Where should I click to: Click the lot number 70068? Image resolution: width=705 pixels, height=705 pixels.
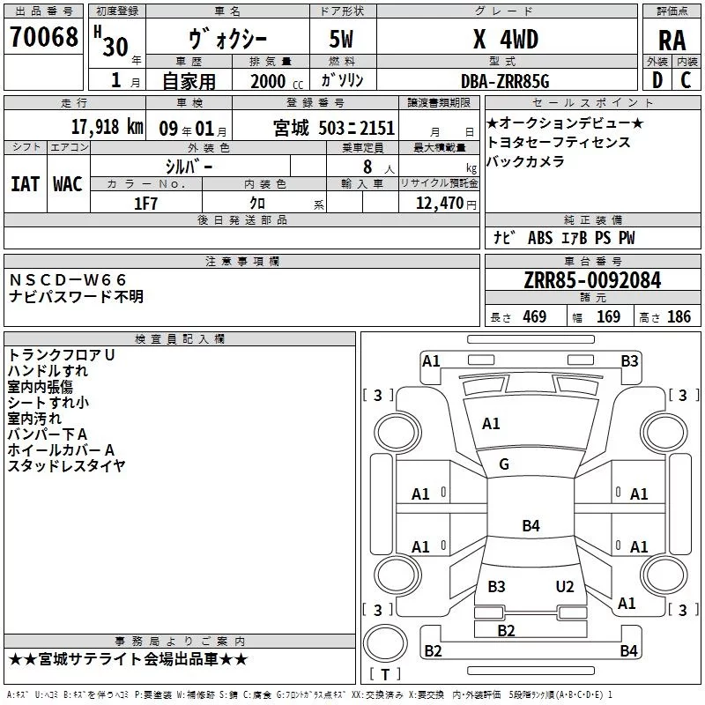click(43, 38)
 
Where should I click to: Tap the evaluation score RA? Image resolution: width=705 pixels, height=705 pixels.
click(672, 41)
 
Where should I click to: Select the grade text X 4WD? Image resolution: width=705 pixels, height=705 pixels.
click(505, 40)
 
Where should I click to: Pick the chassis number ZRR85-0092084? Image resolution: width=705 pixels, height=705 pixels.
click(592, 280)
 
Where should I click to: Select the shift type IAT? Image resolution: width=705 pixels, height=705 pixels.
click(25, 183)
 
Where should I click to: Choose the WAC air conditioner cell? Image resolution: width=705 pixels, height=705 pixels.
click(67, 183)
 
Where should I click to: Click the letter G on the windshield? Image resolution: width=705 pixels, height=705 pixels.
click(504, 464)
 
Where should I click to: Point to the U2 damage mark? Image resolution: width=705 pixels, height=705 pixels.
click(565, 586)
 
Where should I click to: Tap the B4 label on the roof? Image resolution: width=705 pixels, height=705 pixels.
click(531, 526)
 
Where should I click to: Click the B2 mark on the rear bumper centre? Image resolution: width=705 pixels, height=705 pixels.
click(506, 630)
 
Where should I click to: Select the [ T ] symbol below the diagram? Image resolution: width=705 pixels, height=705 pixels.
click(385, 675)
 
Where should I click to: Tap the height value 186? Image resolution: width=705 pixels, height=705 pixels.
click(679, 316)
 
